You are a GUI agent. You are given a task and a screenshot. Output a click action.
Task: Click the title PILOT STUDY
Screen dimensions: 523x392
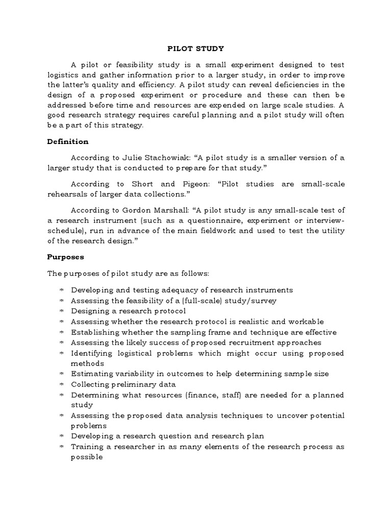[196, 49]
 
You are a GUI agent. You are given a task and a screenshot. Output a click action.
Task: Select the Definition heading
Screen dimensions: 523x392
[68, 141]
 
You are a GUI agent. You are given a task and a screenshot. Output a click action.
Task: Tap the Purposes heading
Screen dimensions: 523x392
[66, 257]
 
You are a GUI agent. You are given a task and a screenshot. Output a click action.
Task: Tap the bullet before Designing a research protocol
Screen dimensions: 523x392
[61, 311]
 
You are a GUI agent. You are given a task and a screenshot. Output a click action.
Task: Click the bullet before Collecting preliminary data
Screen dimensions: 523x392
[61, 385]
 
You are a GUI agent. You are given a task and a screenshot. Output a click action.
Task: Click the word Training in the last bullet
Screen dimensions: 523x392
[86, 447]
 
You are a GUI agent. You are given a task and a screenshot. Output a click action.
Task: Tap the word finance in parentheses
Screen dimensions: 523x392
[208, 395]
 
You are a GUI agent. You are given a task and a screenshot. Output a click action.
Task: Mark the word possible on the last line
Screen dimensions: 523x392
[87, 457]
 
